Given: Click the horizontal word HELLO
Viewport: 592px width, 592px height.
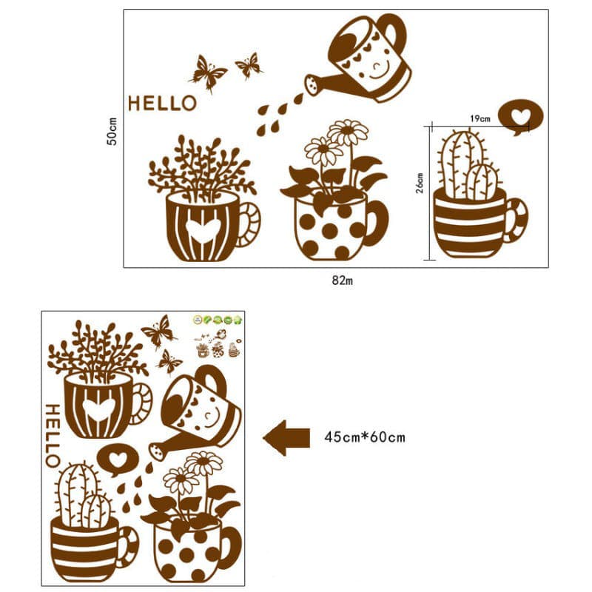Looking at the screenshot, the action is click(162, 103).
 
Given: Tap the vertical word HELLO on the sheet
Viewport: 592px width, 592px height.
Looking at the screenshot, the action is click(53, 436).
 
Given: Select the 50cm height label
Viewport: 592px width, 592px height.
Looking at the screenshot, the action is click(112, 132).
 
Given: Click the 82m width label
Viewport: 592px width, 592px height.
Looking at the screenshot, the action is click(343, 280).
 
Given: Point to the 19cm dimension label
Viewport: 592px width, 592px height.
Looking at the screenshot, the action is click(480, 118).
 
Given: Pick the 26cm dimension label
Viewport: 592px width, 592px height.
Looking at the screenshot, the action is click(420, 183).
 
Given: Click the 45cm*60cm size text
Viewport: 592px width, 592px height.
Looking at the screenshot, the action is click(365, 437).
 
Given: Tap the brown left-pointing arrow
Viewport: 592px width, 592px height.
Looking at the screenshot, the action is click(286, 438).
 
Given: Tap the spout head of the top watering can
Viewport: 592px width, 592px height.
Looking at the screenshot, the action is click(313, 84).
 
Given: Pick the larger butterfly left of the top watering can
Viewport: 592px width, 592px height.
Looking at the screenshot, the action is click(208, 73).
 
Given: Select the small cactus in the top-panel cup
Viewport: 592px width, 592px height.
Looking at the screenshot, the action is click(482, 181).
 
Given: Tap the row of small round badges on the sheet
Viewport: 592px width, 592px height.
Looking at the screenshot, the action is click(218, 320).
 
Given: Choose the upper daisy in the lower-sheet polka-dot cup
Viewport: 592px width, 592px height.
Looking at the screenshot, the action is click(204, 463).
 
